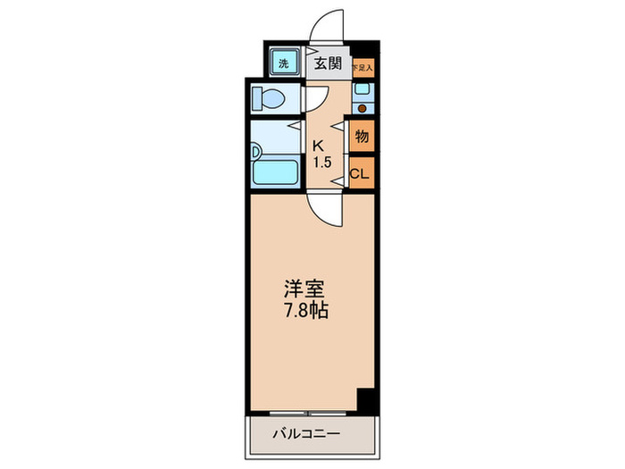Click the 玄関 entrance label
point(328,63)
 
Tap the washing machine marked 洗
point(283,63)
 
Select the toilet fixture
point(270,97)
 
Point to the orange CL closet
point(360,173)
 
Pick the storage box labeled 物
point(361,138)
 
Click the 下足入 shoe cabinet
point(361,67)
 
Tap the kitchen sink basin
point(362,90)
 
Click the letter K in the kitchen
point(317,147)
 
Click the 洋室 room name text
point(304,289)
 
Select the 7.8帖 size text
point(305,312)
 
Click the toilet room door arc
point(314,97)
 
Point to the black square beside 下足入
point(360,50)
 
